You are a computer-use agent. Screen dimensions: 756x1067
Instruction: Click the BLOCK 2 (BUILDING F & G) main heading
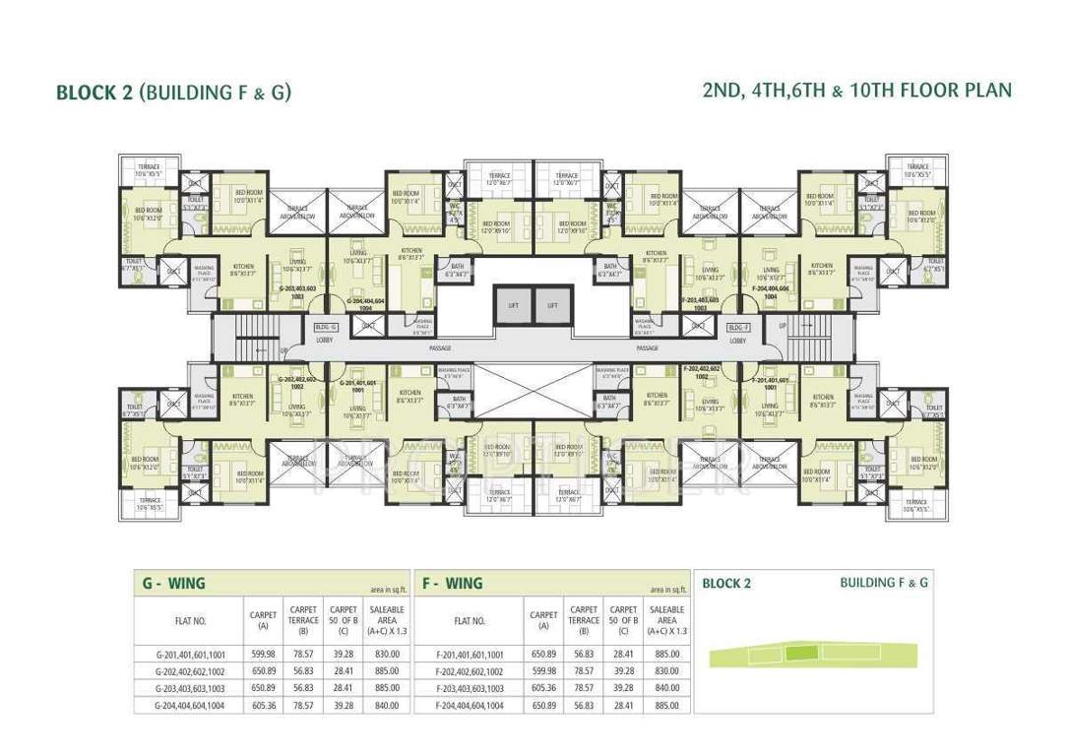pos(174,93)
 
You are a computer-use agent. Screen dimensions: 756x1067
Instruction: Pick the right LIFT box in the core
pos(553,304)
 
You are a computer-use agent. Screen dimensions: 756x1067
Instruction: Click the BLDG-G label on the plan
pos(326,326)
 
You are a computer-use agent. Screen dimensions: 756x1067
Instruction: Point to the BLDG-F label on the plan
pos(739,326)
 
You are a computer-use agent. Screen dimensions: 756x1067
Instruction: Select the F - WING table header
pos(452,583)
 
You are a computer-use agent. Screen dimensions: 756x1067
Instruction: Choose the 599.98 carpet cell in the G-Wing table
pos(262,654)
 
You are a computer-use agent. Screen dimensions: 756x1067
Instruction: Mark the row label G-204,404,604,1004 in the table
pos(189,706)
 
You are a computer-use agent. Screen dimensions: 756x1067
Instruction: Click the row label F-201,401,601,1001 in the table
pos(470,654)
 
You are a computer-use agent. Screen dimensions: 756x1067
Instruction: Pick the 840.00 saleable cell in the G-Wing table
pos(387,706)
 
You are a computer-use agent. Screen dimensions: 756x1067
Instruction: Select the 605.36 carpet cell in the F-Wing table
pos(543,688)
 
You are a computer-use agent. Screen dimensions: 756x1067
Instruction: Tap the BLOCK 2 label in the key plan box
pos(726,584)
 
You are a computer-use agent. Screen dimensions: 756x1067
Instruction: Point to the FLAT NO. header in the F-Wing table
pos(470,621)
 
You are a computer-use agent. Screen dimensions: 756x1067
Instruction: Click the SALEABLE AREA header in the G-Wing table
pos(387,620)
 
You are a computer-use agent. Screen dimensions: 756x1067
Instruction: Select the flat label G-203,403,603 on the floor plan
pos(297,289)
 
